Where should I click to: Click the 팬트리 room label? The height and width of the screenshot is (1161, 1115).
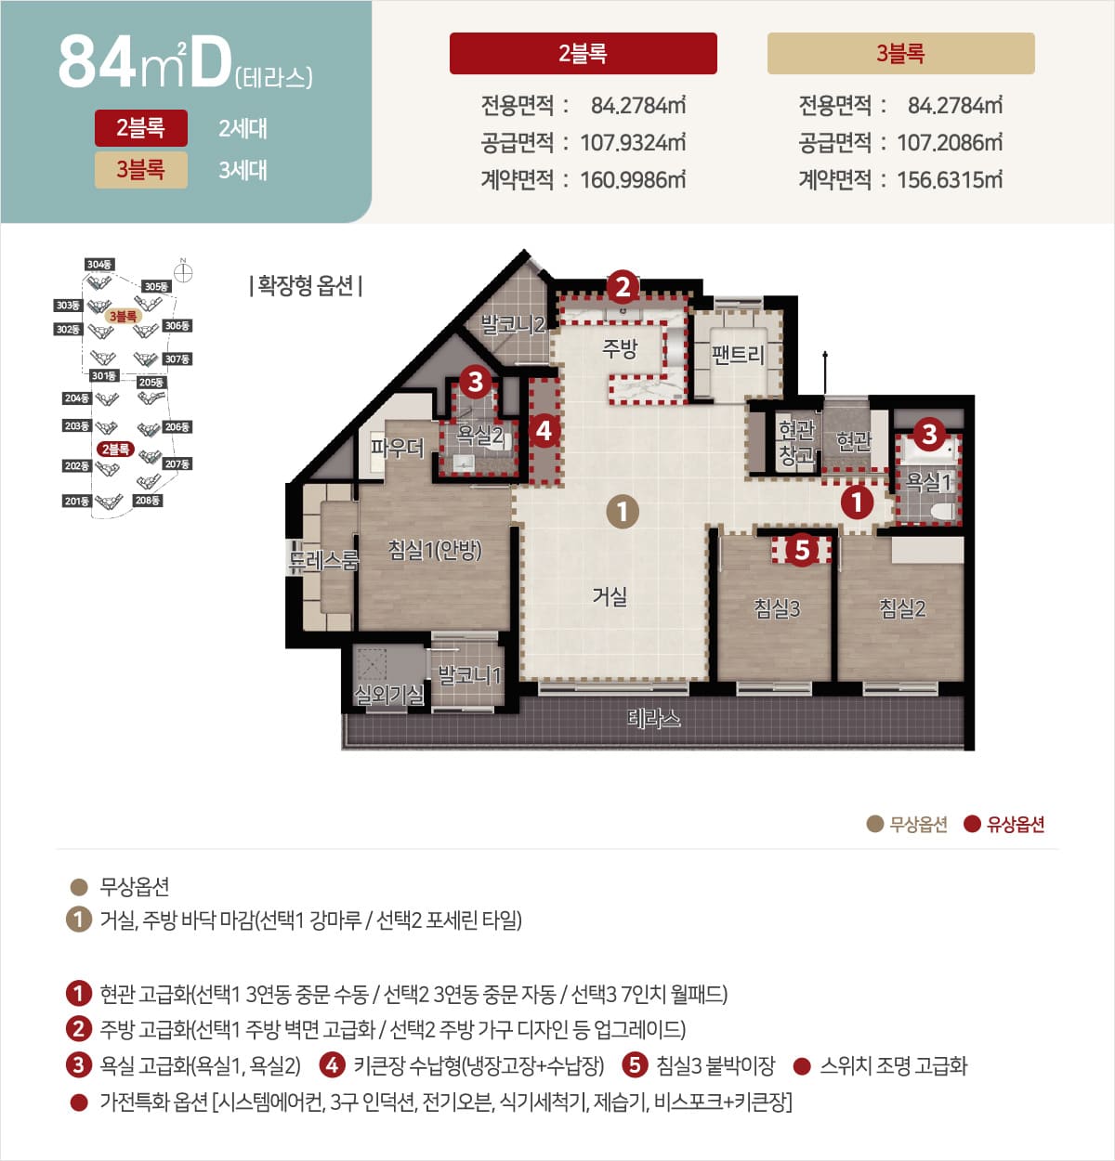click(x=738, y=354)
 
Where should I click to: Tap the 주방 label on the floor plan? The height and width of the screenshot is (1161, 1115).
click(x=620, y=349)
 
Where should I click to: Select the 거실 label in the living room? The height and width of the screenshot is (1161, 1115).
click(x=610, y=596)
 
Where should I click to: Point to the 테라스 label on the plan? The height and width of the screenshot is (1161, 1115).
click(x=653, y=717)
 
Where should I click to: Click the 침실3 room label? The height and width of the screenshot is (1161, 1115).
click(x=776, y=608)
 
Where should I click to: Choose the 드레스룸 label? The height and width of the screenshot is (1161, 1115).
click(x=323, y=560)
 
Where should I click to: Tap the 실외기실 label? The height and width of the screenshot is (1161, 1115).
click(x=388, y=694)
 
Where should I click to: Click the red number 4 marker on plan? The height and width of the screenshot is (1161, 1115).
click(x=544, y=430)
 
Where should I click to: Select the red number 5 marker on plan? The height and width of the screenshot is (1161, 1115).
click(x=802, y=550)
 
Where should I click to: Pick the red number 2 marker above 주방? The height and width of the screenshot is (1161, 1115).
click(x=623, y=286)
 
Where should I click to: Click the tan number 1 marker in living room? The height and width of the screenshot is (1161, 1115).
click(x=622, y=511)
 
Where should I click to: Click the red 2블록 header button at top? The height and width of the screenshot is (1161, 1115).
click(x=583, y=54)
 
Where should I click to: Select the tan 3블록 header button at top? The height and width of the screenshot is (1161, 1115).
click(x=900, y=54)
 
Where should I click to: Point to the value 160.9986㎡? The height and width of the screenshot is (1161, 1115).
click(x=633, y=179)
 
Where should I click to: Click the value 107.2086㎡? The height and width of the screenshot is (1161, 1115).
click(x=950, y=142)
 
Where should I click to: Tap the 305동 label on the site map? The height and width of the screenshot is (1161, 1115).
click(x=156, y=287)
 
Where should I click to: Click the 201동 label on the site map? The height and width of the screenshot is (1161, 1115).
click(x=76, y=502)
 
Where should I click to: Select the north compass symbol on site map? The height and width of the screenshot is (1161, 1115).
click(x=184, y=272)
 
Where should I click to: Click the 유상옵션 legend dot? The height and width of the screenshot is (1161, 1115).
click(x=972, y=824)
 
